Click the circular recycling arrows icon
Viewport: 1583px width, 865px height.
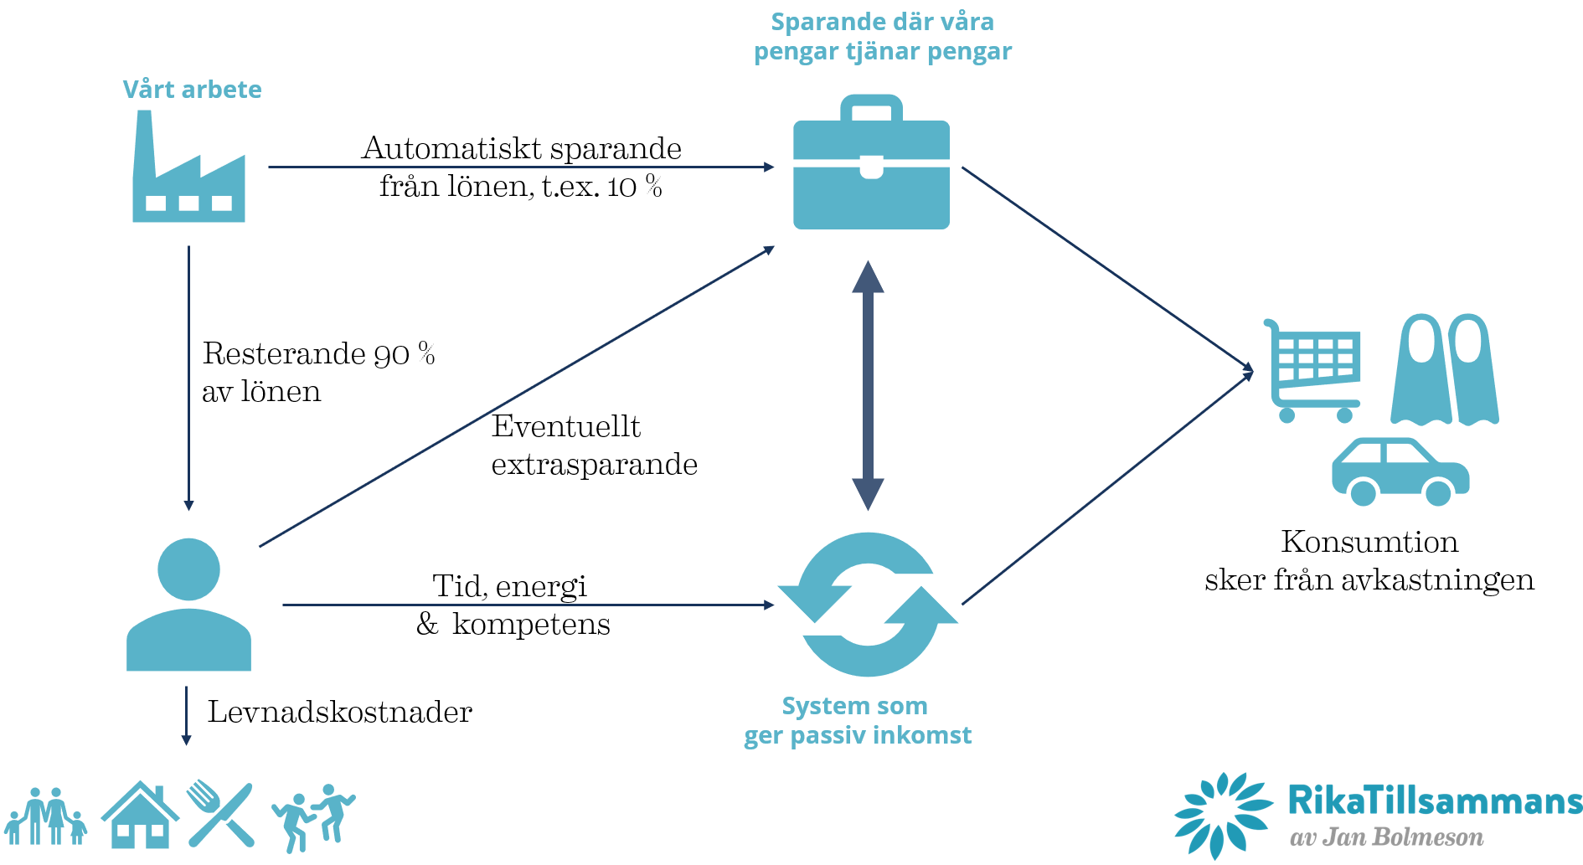click(x=868, y=605)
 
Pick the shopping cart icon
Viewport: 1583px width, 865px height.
click(x=1313, y=370)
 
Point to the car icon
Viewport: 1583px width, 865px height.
click(x=1400, y=472)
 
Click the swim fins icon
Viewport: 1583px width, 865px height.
click(x=1445, y=370)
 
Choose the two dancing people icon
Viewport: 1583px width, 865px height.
click(x=313, y=817)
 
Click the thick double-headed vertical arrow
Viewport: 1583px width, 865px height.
click(x=868, y=385)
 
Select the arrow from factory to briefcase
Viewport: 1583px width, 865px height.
click(x=519, y=167)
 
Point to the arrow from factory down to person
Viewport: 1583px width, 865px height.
click(x=188, y=377)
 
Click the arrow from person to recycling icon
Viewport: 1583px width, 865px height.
click(x=528, y=605)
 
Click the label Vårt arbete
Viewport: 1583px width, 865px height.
click(x=192, y=90)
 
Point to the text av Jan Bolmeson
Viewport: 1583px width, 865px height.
click(x=1386, y=837)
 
